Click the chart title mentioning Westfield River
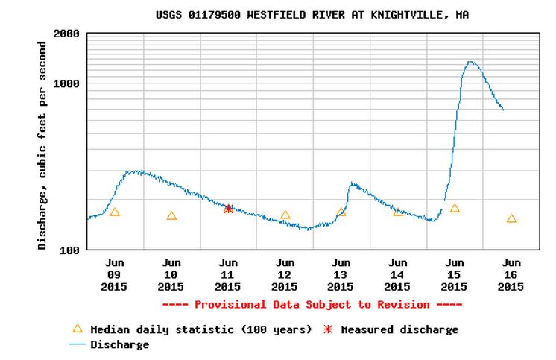(x=313, y=15)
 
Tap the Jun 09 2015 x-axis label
(x=114, y=274)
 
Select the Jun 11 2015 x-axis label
(x=228, y=274)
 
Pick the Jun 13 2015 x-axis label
(x=341, y=274)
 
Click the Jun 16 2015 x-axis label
(x=511, y=274)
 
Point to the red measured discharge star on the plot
(x=229, y=209)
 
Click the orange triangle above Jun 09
(x=115, y=212)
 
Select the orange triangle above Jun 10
(x=171, y=216)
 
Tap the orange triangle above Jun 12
(x=285, y=215)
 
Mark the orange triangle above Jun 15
(x=455, y=209)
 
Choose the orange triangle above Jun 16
(x=511, y=219)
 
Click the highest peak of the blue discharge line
(x=470, y=62)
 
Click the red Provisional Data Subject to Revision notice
(x=312, y=304)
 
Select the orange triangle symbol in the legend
(x=77, y=329)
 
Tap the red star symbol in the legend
(x=328, y=329)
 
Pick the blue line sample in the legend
(x=77, y=345)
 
